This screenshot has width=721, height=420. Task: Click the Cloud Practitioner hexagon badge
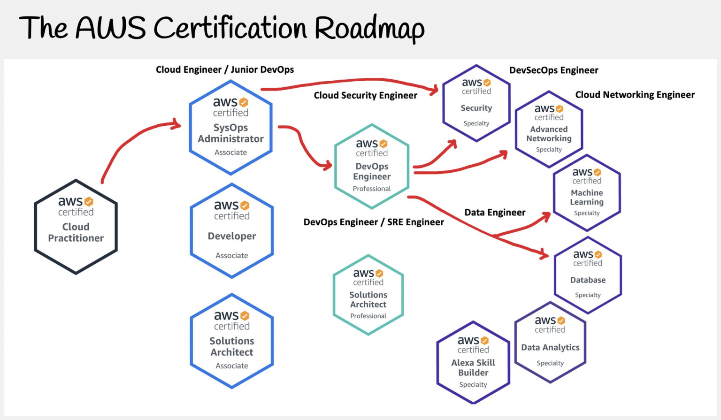[x=76, y=227]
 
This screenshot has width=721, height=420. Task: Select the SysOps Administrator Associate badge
[x=231, y=128]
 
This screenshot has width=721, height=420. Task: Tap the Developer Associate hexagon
[x=232, y=231]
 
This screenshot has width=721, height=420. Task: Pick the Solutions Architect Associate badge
[x=232, y=341]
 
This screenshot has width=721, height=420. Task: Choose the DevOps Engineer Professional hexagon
[x=372, y=166]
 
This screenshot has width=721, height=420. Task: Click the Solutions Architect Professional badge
[x=368, y=295]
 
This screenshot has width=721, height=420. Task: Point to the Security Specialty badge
[x=476, y=103]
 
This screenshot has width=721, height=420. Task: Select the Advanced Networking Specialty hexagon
[x=549, y=129]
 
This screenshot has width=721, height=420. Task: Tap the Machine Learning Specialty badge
[x=587, y=192]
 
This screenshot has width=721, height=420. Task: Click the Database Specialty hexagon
[x=588, y=275]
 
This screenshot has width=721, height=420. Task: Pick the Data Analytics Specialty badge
[x=550, y=342]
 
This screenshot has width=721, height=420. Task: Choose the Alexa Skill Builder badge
[x=473, y=362]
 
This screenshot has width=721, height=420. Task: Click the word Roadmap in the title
[x=369, y=29]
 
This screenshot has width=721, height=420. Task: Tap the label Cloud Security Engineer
[x=365, y=95]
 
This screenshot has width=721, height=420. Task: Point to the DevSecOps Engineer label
[x=553, y=70]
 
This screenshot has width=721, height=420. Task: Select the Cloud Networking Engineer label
[x=635, y=95]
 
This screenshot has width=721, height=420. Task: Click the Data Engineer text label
[x=495, y=213]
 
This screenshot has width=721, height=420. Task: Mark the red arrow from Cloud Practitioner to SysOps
[x=129, y=139]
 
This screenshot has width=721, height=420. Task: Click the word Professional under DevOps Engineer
[x=372, y=189]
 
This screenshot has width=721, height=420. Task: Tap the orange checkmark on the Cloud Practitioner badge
[x=89, y=201]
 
